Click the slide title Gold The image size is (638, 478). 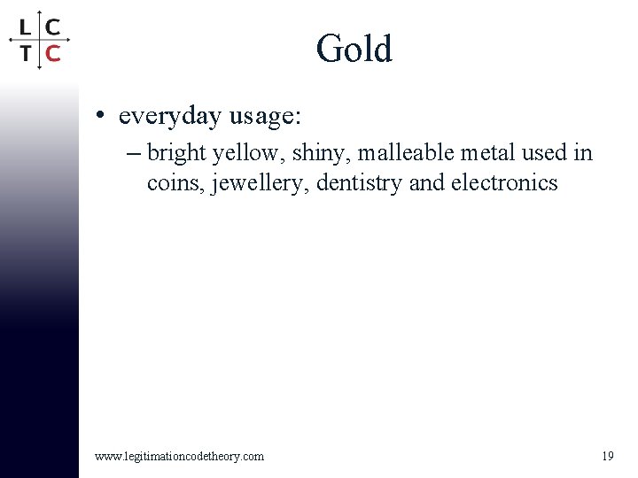(354, 49)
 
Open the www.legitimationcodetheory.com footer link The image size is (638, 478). (179, 456)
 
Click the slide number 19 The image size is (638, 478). (608, 456)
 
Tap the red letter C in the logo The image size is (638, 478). (53, 53)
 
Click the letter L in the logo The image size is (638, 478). (27, 27)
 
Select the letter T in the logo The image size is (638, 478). (27, 53)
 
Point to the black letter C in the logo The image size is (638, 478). (53, 27)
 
